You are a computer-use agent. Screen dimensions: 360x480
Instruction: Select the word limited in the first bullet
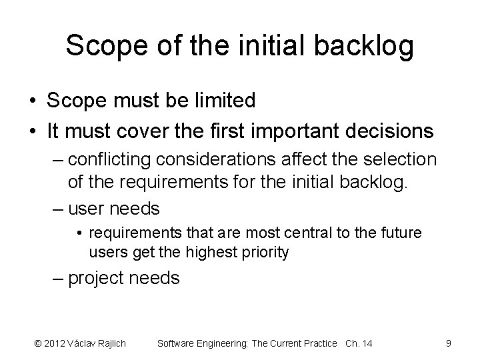pyautogui.click(x=223, y=101)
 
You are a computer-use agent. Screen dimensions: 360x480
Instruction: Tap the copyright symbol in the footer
pyautogui.click(x=37, y=343)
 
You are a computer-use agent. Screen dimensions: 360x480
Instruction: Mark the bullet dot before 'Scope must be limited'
pyautogui.click(x=32, y=101)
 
